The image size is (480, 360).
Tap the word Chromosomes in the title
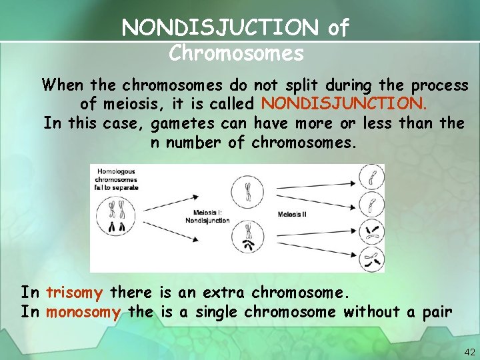[236, 53]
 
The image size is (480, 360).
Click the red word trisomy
[74, 293]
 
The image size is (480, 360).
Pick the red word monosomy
[83, 312]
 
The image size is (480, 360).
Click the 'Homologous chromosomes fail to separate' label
[117, 179]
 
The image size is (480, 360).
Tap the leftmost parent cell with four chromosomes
[118, 216]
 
